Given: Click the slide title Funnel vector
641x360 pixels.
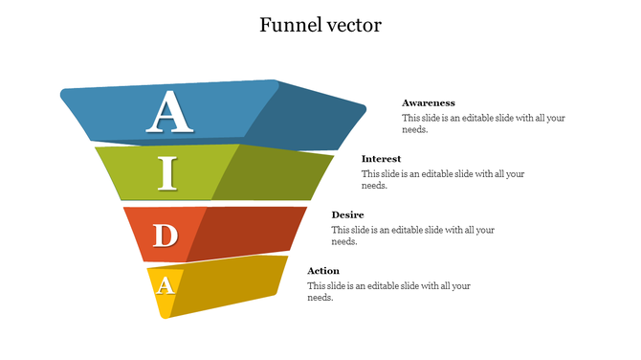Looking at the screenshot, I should click(x=320, y=25).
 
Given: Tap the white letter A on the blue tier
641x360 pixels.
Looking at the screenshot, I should click(x=170, y=112).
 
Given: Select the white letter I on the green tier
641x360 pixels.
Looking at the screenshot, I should click(x=168, y=173).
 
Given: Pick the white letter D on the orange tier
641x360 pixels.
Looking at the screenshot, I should click(x=166, y=235).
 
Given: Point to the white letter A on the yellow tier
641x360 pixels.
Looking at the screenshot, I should click(x=166, y=284).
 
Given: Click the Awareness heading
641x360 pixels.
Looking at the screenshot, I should click(x=428, y=102).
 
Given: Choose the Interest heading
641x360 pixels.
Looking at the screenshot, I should click(x=381, y=159).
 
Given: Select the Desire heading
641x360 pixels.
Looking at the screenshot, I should click(x=347, y=214).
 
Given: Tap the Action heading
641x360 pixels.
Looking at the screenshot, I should click(x=323, y=271).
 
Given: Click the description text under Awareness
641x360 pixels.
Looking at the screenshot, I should click(x=483, y=124).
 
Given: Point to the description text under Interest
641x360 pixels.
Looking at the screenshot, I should click(x=443, y=180).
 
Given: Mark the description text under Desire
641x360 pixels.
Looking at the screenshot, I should click(x=412, y=236).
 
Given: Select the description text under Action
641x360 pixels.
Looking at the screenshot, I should click(x=388, y=292).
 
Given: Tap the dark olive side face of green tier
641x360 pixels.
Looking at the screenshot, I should click(x=273, y=172).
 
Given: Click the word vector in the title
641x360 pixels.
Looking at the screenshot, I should click(x=351, y=25).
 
